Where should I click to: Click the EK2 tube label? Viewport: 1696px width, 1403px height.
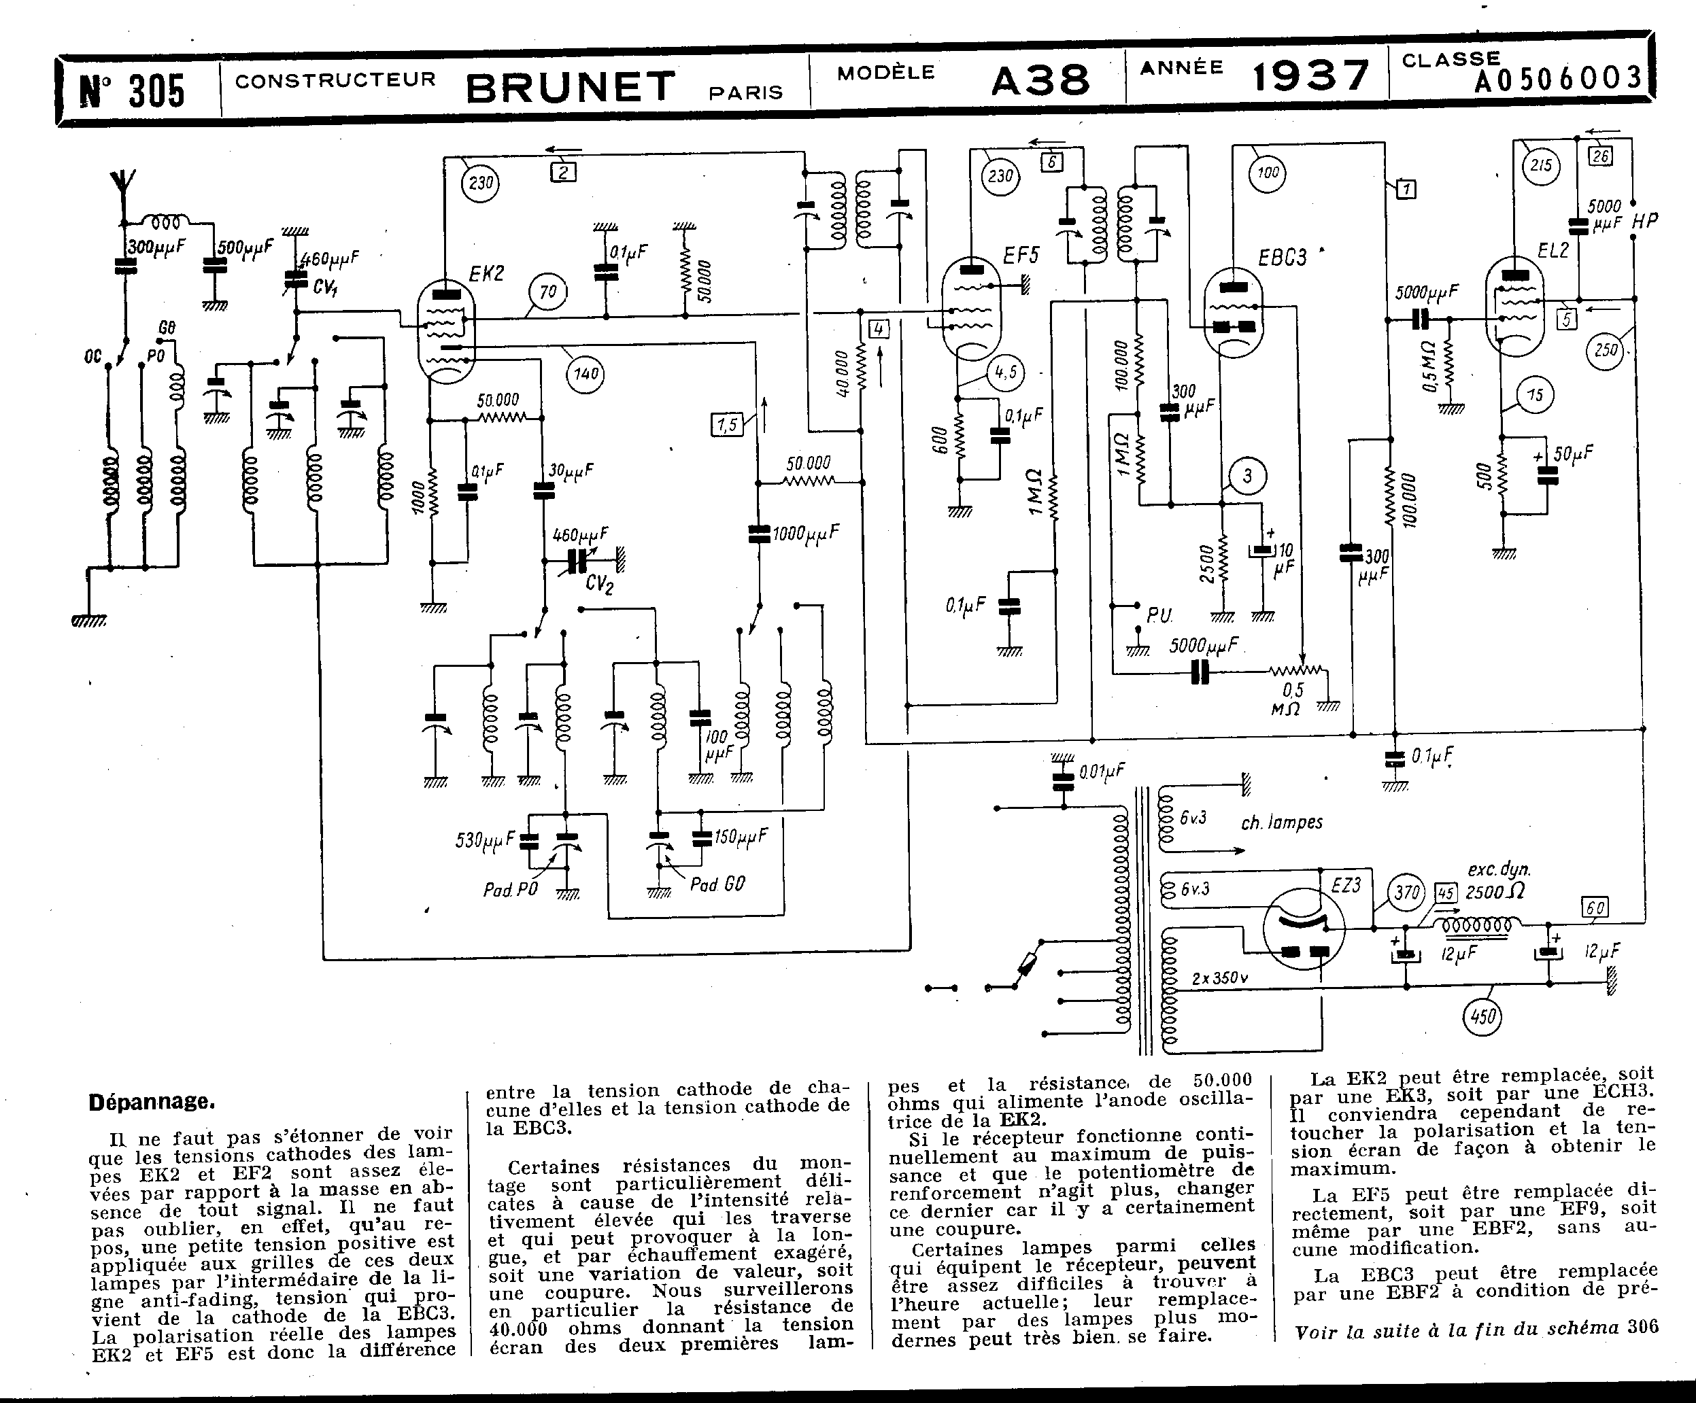(x=486, y=274)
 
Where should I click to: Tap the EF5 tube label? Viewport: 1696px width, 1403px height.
(x=1020, y=256)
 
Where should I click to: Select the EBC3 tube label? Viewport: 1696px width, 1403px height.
(x=1282, y=258)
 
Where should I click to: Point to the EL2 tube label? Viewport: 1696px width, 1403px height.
(x=1553, y=250)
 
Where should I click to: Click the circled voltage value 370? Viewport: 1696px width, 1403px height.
(x=1407, y=893)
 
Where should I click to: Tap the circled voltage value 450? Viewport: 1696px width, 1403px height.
(x=1482, y=1016)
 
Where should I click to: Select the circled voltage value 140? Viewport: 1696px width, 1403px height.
(x=586, y=374)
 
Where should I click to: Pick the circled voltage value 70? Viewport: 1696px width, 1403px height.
(x=547, y=292)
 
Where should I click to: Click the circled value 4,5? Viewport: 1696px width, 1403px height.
(x=1006, y=373)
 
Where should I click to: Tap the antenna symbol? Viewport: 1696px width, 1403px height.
(x=124, y=190)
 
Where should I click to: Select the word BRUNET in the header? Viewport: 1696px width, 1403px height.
(x=570, y=87)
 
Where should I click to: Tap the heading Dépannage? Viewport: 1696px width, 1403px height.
(x=152, y=1102)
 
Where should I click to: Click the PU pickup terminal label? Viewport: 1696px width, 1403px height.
(x=1159, y=616)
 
